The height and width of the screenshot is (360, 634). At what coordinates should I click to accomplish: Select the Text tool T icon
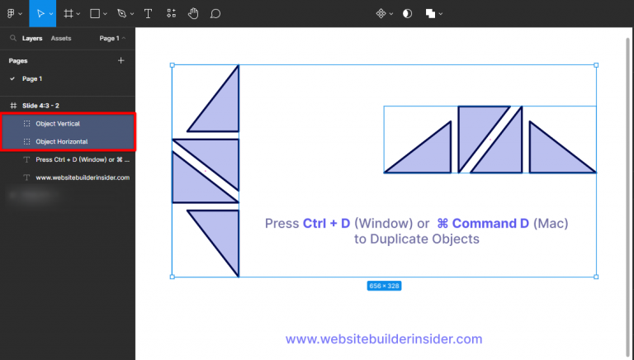pos(148,13)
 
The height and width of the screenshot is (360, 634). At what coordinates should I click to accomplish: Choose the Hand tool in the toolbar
pos(193,13)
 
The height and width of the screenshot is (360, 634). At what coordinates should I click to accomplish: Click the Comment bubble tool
pos(215,13)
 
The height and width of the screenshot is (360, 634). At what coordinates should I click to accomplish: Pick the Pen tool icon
pos(121,13)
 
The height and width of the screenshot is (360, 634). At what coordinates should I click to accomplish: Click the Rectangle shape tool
pos(95,13)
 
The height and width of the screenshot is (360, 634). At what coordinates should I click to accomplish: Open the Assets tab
pos(61,38)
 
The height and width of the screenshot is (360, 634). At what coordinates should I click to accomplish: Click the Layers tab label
pos(32,38)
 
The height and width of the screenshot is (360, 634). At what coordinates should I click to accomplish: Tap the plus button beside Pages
pos(121,60)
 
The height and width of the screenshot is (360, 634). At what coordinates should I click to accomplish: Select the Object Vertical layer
pos(58,123)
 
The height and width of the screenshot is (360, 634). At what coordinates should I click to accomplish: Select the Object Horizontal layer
pos(61,141)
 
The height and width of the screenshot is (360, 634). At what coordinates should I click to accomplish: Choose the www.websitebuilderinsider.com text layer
pos(83,178)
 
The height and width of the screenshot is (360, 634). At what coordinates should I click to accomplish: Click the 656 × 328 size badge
pos(384,286)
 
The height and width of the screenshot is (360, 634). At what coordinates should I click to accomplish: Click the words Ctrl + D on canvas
pos(327,224)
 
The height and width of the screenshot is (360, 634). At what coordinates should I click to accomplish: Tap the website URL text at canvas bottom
pos(384,339)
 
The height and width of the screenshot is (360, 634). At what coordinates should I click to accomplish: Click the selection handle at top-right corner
pos(596,65)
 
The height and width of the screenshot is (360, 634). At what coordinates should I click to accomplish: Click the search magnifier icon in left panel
pos(12,38)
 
